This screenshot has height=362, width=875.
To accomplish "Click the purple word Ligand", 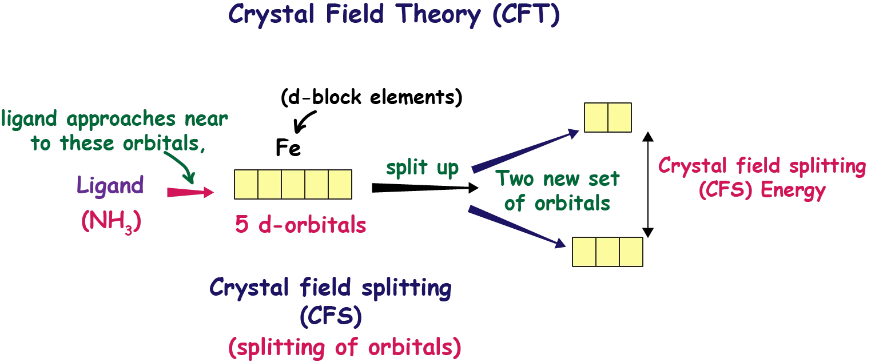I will click(x=109, y=186).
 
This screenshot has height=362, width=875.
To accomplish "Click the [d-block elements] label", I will click(x=369, y=98).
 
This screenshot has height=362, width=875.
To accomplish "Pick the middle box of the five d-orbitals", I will click(x=293, y=185).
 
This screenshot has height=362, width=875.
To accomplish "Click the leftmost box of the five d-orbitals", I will click(x=246, y=185).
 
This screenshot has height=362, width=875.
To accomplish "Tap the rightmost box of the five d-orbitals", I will click(x=340, y=185).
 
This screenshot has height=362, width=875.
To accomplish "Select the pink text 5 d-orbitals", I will click(x=300, y=225).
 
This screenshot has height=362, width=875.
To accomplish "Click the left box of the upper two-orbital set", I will click(x=595, y=117).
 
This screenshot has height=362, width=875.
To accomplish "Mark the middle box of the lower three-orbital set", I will click(x=608, y=252).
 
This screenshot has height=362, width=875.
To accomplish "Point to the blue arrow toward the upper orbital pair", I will click(x=526, y=150).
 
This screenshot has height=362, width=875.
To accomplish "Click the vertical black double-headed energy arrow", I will click(x=648, y=182).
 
